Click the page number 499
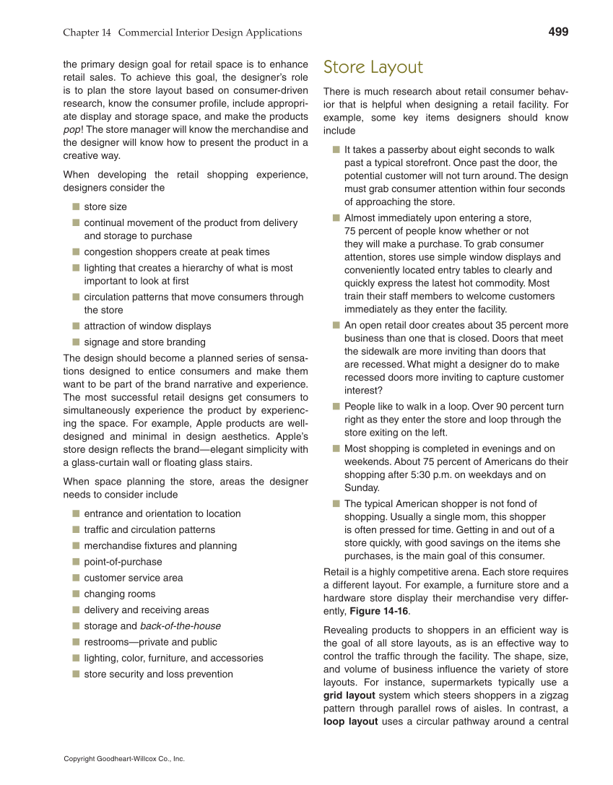(x=558, y=32)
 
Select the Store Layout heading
(x=373, y=67)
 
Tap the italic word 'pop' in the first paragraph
(x=71, y=130)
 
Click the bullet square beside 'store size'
(x=75, y=207)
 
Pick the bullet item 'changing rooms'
(x=119, y=594)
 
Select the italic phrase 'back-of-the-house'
(x=181, y=626)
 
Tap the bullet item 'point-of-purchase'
(x=123, y=562)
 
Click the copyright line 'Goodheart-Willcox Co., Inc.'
(x=124, y=759)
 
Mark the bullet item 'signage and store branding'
(x=144, y=342)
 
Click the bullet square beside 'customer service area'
(x=75, y=578)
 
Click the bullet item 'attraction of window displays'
(x=147, y=326)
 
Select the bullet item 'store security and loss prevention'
(x=158, y=675)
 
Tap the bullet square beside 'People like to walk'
(x=336, y=407)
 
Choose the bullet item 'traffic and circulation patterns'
(x=149, y=530)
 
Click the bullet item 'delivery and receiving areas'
(x=146, y=610)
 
